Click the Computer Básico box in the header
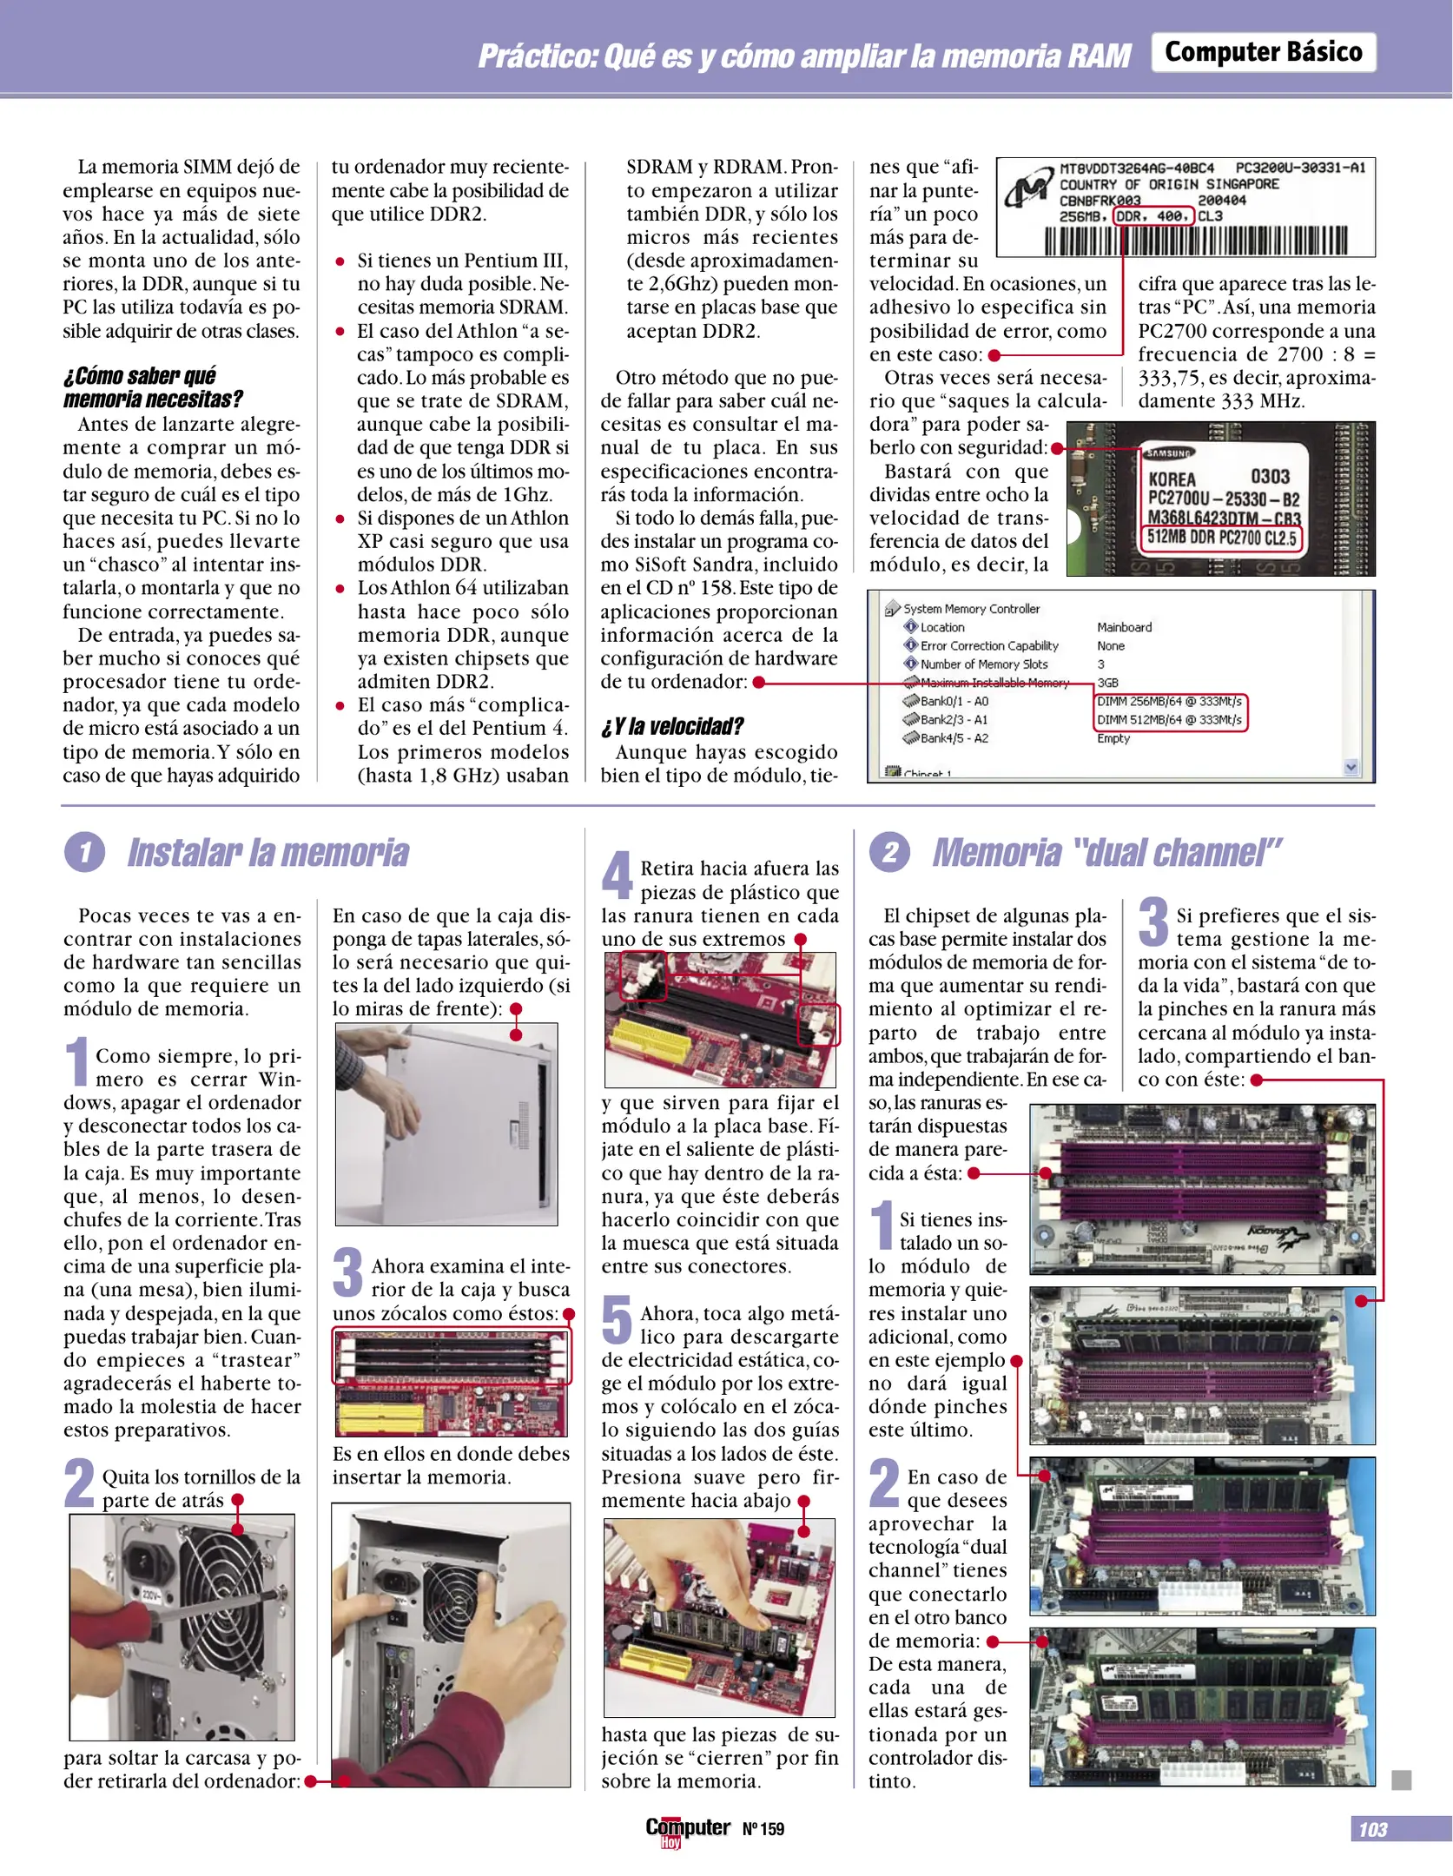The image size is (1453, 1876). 1264,52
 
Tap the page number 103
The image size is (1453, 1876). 1372,1829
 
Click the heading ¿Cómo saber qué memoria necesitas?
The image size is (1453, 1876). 153,387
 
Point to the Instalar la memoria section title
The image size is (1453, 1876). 268,852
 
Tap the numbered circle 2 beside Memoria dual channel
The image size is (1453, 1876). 890,852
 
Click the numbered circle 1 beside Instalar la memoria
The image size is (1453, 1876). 84,852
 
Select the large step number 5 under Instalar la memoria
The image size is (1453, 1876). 617,1318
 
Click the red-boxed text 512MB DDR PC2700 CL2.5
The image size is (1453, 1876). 1221,538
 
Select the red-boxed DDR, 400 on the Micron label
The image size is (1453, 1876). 1153,216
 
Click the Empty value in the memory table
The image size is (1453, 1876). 1113,738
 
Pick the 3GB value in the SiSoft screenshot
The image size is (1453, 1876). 1107,683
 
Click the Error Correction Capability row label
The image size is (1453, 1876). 989,645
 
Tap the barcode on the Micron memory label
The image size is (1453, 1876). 1196,241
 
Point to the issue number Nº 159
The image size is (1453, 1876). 763,1829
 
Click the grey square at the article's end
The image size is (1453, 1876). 1401,1780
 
